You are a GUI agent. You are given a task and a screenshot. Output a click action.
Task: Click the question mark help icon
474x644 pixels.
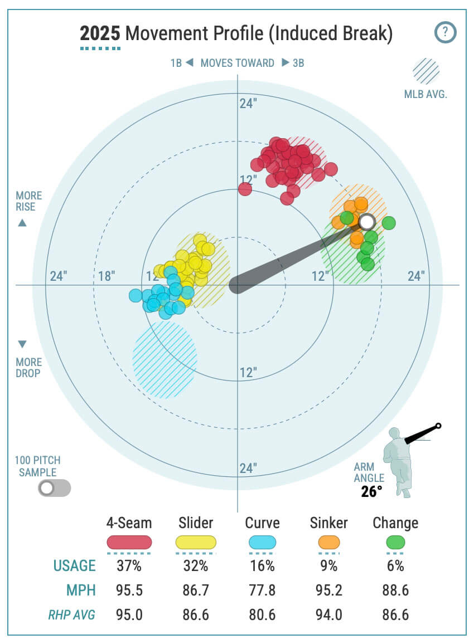(x=445, y=32)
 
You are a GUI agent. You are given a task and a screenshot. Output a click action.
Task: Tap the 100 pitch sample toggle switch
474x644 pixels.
(x=54, y=488)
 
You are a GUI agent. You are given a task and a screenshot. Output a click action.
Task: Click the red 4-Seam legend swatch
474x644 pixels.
(x=129, y=542)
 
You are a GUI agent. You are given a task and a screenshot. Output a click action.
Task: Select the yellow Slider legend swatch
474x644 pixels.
(x=196, y=542)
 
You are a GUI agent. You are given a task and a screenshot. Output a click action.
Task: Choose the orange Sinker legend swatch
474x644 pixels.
(x=328, y=542)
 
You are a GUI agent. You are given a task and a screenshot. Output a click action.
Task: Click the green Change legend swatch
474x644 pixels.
(x=395, y=542)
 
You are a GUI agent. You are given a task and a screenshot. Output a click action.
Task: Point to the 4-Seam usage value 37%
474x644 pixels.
(x=129, y=566)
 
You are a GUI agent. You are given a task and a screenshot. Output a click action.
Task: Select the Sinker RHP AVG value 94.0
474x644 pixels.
(x=328, y=614)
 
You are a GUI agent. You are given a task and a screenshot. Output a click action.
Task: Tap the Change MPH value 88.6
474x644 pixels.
(x=395, y=590)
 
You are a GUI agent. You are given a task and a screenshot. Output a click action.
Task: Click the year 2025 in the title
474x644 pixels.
(x=100, y=34)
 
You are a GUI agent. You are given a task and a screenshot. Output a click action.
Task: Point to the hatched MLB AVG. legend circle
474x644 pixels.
(x=425, y=71)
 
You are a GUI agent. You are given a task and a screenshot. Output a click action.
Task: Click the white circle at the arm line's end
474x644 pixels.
(x=366, y=222)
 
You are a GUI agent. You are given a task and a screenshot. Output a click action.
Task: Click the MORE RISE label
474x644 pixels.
(x=28, y=201)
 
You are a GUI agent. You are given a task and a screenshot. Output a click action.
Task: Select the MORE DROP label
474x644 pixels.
(x=28, y=368)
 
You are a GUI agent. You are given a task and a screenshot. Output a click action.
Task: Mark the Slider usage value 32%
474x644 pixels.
(x=196, y=566)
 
